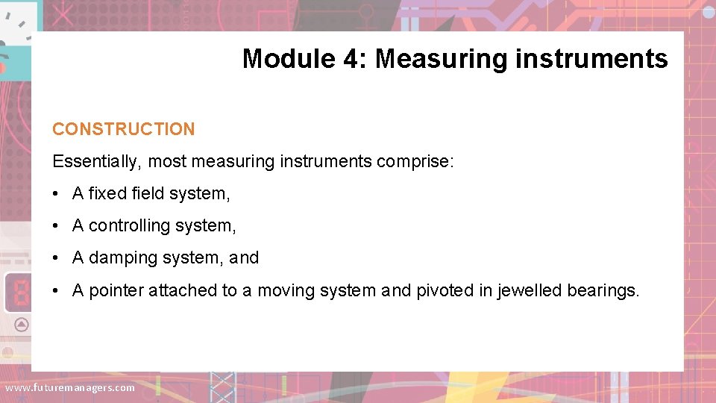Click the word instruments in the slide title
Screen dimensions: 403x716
(591, 58)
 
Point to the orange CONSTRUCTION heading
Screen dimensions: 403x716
(123, 129)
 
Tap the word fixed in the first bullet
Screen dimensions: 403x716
(107, 194)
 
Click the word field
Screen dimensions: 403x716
(148, 194)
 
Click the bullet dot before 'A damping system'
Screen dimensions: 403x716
(57, 258)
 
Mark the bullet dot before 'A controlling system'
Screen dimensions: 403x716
(57, 226)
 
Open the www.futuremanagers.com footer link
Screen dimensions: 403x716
(70, 388)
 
